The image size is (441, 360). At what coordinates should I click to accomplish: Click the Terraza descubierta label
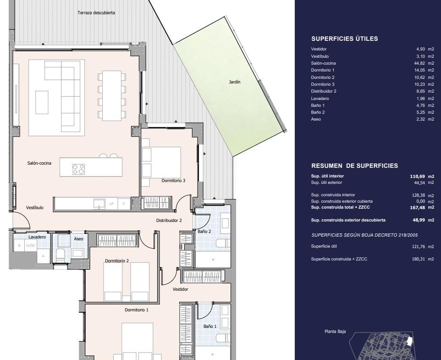[96, 13]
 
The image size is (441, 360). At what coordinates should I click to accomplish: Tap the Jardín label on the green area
[235, 82]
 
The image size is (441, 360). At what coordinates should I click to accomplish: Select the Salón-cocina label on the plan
[39, 163]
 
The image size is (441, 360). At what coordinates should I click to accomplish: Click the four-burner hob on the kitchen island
[78, 169]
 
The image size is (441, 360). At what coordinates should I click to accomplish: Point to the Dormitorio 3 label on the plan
[173, 181]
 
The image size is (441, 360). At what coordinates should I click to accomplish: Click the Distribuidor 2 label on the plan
[169, 221]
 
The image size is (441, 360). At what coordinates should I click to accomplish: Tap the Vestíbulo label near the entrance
[34, 208]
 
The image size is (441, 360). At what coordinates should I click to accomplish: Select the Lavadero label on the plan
[37, 237]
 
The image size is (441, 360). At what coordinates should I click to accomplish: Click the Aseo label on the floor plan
[78, 239]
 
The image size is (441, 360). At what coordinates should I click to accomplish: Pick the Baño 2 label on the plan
[204, 231]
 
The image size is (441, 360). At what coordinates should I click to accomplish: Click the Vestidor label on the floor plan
[180, 289]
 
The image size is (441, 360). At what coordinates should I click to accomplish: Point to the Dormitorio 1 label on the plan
[137, 310]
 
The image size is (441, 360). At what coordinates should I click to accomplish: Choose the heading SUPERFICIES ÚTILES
[345, 39]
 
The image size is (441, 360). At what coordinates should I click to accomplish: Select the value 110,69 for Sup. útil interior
[417, 177]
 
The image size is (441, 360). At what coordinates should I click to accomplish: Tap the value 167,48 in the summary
[417, 208]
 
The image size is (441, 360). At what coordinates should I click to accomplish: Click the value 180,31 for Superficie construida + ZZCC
[419, 259]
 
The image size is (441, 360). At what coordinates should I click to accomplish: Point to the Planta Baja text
[335, 331]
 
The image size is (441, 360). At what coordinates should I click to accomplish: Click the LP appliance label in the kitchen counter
[111, 203]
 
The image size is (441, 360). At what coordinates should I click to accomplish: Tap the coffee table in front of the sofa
[42, 102]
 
